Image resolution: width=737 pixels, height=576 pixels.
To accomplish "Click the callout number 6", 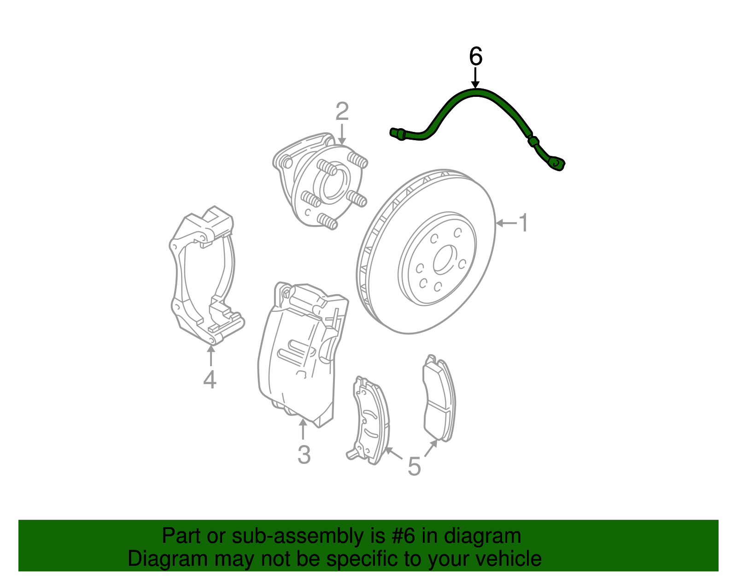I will [475, 57].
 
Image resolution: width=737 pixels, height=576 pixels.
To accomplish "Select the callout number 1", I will [523, 223].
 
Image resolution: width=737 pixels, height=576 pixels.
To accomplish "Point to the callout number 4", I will [210, 380].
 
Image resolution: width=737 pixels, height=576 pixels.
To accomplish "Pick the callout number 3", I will [304, 454].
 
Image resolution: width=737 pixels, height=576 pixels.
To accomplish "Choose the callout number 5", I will [414, 466].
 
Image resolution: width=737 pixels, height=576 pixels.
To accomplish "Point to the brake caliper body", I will [299, 355].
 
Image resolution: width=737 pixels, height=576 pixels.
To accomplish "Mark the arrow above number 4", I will [211, 356].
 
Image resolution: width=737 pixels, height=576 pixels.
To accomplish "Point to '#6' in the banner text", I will [404, 536].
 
